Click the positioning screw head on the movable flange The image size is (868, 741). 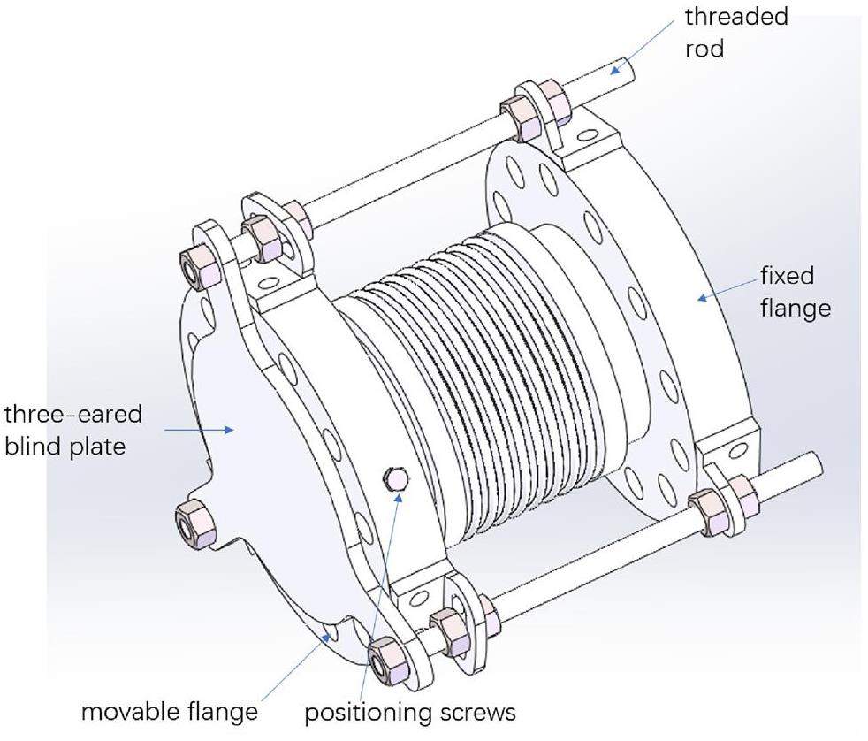(x=395, y=480)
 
